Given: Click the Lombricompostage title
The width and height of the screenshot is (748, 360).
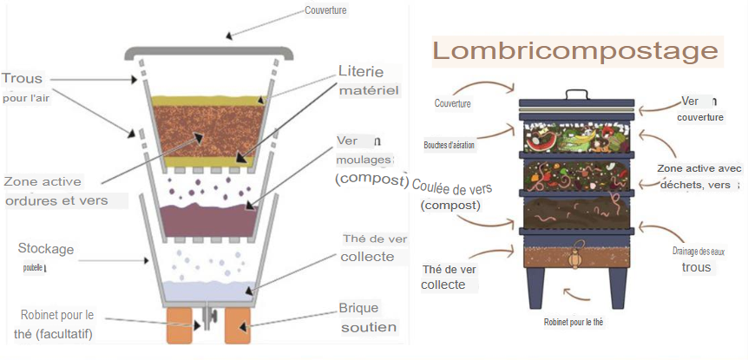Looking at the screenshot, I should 576,51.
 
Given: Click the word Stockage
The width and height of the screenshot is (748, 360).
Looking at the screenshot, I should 46,249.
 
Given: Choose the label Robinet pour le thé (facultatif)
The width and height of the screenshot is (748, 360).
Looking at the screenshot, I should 59,324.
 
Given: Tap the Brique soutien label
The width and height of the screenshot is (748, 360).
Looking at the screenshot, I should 368,317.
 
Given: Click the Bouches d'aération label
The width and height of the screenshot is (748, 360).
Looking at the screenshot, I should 449,145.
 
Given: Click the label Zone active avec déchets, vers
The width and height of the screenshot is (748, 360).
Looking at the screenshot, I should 699,175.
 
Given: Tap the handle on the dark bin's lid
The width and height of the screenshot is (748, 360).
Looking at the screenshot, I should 576,94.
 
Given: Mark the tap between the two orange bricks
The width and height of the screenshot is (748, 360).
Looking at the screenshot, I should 208,322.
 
